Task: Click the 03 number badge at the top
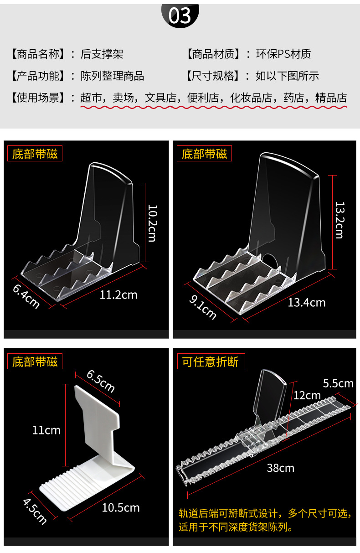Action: (180, 16)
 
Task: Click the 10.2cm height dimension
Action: (152, 223)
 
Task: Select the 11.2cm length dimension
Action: (118, 295)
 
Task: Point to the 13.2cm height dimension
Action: (339, 220)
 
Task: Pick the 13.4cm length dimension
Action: (307, 302)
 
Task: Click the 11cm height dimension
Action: (46, 430)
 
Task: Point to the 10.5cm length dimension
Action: (121, 507)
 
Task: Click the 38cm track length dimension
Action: (281, 468)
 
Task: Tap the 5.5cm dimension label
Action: (338, 383)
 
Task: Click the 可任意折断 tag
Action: (211, 362)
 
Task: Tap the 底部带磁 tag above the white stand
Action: (35, 362)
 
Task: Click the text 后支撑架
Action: (102, 54)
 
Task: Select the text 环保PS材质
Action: (283, 54)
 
